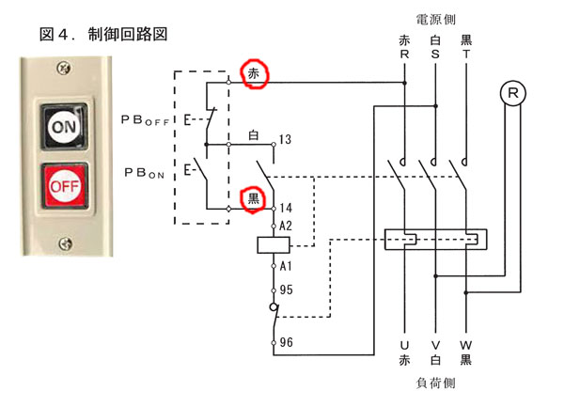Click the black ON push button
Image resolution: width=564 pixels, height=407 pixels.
64,125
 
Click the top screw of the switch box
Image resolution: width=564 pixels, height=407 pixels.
63,69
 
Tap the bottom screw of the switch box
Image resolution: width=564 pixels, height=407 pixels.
64,243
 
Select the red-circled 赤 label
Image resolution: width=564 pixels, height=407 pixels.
254,73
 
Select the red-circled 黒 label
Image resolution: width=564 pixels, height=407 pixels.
253,197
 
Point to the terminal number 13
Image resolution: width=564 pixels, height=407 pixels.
284,139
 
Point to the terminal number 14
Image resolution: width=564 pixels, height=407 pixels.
285,207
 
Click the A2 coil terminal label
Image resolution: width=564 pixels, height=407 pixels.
286,226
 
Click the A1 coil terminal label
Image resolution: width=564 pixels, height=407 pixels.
286,268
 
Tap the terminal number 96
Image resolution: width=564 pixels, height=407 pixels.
286,343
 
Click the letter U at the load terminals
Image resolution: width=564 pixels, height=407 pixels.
404,346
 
